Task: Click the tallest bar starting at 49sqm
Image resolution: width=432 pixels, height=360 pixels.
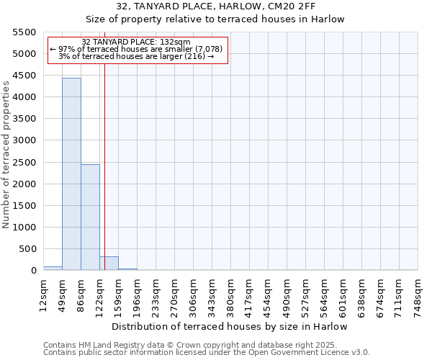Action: pos(71,174)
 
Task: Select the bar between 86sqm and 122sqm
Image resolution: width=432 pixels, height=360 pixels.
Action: pos(90,217)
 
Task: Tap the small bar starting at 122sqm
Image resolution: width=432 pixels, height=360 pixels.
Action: pos(109,263)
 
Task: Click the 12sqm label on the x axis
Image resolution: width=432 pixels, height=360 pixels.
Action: pos(44,293)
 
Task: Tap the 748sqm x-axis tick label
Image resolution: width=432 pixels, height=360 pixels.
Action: pos(418,293)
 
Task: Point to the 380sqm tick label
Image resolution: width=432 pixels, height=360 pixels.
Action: pos(231,293)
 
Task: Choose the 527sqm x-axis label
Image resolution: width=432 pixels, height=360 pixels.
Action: pos(306,293)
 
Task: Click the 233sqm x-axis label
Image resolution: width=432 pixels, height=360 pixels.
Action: pos(156,293)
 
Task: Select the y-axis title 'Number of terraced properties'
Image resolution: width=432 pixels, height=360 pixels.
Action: pos(6,155)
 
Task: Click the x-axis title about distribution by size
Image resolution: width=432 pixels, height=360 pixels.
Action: pos(230,326)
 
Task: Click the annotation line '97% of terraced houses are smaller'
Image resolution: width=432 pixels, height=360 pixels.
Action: pos(136,49)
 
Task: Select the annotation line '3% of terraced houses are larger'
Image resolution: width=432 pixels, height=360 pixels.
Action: pos(136,56)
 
